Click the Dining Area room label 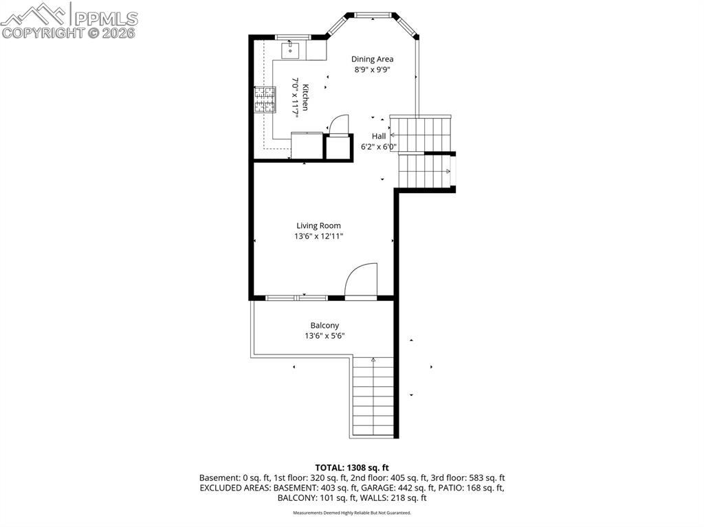[x=372, y=59]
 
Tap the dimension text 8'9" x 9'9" [x=372, y=69]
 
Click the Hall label [x=379, y=136]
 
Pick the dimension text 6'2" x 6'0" [x=379, y=146]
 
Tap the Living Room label [x=318, y=225]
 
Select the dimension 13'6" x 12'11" [x=318, y=236]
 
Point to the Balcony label [x=324, y=326]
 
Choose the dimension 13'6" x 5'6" [x=324, y=336]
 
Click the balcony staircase [x=373, y=399]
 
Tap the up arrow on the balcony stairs [x=373, y=360]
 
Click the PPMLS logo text [x=104, y=17]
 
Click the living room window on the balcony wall [x=296, y=298]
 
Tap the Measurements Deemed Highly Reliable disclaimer [x=352, y=513]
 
